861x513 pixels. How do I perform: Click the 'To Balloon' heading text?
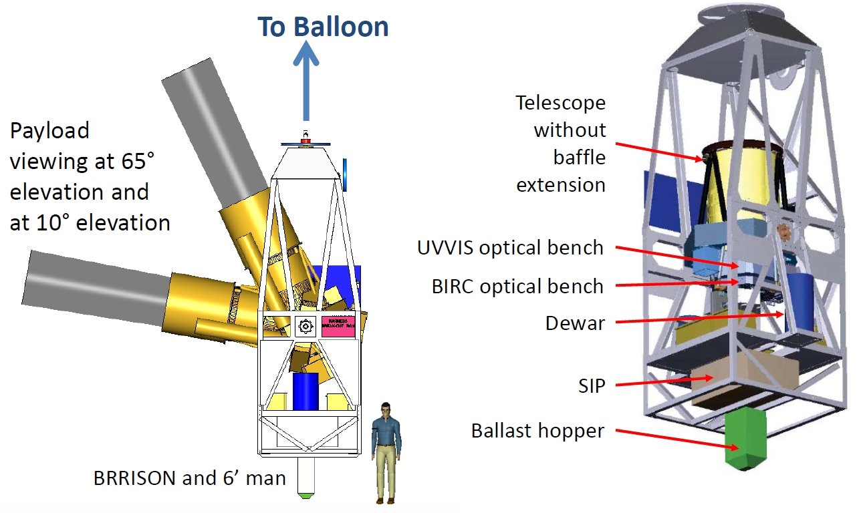[x=323, y=27]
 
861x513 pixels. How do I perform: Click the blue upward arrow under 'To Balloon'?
[x=306, y=80]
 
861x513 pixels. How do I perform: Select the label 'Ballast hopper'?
[x=537, y=431]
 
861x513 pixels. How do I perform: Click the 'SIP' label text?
[x=591, y=385]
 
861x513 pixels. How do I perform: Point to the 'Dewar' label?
[x=575, y=323]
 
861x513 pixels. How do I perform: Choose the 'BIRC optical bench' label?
[x=517, y=287]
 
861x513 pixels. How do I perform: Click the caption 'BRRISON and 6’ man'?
[x=190, y=478]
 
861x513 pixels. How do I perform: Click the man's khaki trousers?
[x=384, y=472]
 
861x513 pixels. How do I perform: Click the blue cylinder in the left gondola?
[x=305, y=391]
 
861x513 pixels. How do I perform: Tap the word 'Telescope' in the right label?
[x=560, y=103]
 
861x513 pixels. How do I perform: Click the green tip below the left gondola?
[x=305, y=496]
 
